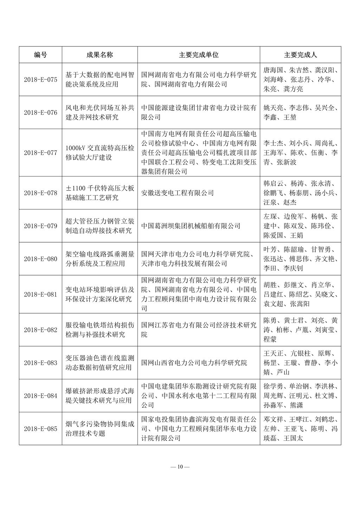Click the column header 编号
click(x=40, y=55)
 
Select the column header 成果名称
click(x=99, y=55)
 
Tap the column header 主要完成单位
click(x=199, y=55)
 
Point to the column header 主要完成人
click(x=300, y=55)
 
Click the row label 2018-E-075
click(x=40, y=79)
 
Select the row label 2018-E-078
click(x=40, y=193)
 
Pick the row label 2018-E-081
click(x=40, y=295)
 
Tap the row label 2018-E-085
click(x=40, y=429)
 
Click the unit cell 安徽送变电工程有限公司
click(x=177, y=193)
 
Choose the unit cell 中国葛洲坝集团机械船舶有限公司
click(x=191, y=226)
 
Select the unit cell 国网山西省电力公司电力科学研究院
click(x=194, y=363)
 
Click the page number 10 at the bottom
click(x=180, y=467)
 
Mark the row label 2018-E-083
click(x=40, y=363)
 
